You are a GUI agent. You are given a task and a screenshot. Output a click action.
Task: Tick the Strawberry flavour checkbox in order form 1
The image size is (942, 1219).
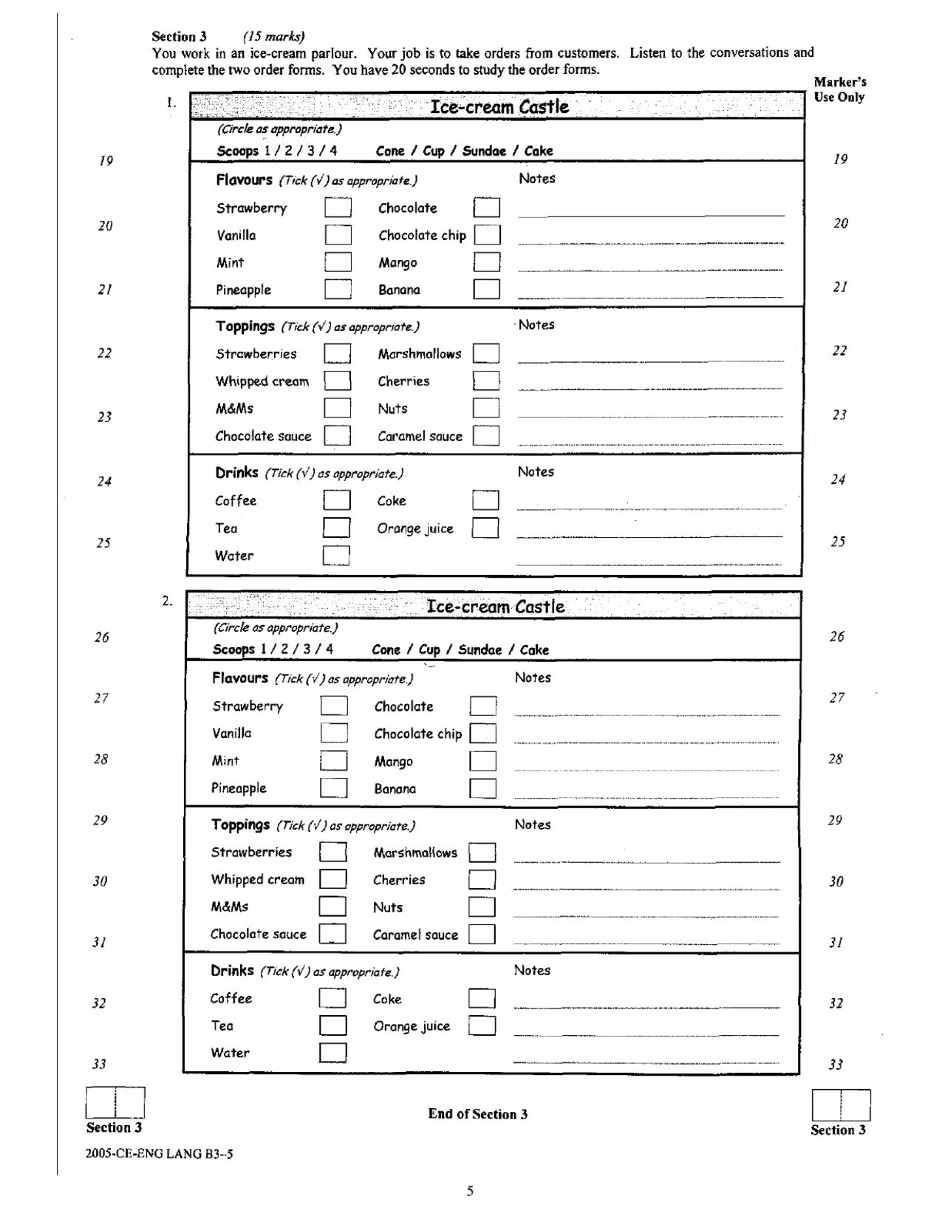click(338, 208)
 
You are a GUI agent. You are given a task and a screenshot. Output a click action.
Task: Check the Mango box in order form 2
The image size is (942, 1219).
click(482, 761)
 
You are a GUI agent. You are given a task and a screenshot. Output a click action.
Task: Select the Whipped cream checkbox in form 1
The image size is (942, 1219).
click(337, 381)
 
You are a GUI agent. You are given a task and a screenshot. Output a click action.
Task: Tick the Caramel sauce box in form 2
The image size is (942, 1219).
click(482, 935)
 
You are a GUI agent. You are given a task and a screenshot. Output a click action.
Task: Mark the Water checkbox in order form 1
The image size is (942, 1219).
click(335, 556)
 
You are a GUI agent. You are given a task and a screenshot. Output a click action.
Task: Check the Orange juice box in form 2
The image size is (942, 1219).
click(482, 1025)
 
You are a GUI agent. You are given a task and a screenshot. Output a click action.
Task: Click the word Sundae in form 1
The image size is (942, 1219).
click(484, 151)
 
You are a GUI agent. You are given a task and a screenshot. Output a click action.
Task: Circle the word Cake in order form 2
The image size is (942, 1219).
click(534, 650)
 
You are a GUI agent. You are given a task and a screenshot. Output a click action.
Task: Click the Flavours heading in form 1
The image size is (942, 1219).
click(244, 180)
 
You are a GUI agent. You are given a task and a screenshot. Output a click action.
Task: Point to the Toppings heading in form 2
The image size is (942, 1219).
click(240, 824)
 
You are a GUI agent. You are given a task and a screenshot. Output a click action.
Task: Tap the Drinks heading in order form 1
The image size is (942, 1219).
click(236, 472)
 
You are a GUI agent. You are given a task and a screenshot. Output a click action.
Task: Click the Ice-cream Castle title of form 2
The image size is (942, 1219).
click(496, 607)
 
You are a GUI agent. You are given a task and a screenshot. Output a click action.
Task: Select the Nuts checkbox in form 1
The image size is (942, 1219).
click(486, 409)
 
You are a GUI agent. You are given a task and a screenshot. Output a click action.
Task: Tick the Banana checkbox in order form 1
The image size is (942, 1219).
click(486, 290)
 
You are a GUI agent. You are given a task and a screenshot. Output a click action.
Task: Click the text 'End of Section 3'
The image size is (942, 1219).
click(477, 1114)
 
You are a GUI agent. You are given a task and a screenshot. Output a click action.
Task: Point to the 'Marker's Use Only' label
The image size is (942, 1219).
click(839, 89)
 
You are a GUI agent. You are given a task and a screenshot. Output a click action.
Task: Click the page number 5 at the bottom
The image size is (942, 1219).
click(470, 1190)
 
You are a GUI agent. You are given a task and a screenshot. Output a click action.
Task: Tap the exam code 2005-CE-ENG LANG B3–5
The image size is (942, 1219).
click(160, 1153)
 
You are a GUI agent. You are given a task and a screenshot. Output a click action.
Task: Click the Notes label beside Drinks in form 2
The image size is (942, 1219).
click(532, 970)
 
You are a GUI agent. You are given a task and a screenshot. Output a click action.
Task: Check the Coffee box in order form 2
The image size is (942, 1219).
click(332, 998)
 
